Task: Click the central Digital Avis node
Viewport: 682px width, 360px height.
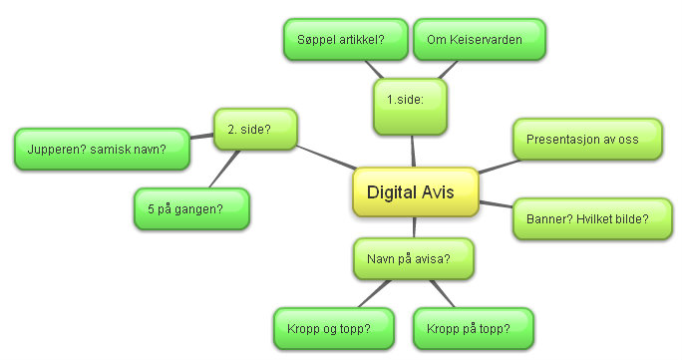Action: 416,191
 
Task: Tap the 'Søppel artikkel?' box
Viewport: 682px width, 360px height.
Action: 341,39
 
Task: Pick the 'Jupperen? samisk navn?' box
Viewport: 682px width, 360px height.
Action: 103,149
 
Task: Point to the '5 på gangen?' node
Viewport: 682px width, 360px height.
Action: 191,208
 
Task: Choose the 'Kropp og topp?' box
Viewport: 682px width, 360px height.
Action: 322,328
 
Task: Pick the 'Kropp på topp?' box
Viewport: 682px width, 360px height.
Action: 472,328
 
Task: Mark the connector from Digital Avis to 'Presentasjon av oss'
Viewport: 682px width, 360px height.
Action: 496,165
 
